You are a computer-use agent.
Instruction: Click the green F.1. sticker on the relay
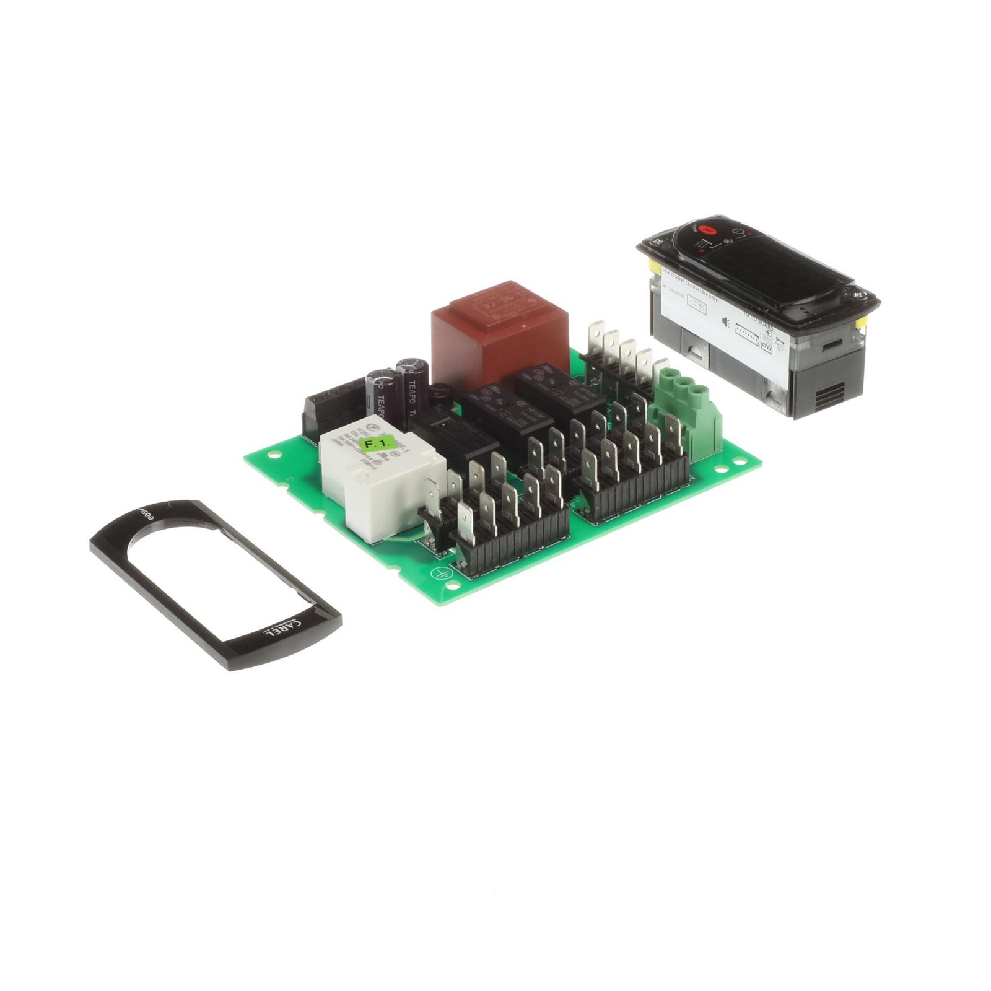click(377, 443)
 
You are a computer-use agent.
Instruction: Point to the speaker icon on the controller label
click(725, 322)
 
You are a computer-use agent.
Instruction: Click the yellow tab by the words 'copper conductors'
click(653, 266)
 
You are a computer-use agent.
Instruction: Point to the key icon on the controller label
click(779, 339)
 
